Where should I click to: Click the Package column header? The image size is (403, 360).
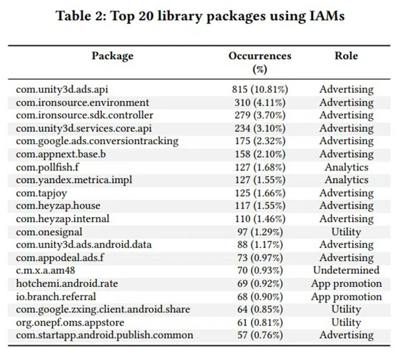pyautogui.click(x=113, y=56)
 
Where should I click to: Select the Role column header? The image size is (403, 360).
pyautogui.click(x=346, y=56)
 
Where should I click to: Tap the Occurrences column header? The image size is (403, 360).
pyautogui.click(x=260, y=56)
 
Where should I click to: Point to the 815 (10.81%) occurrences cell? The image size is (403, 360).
pyautogui.click(x=260, y=90)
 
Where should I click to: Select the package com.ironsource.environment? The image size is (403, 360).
pyautogui.click(x=82, y=102)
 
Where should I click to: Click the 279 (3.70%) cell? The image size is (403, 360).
pyautogui.click(x=260, y=115)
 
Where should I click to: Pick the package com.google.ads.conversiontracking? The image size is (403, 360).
pyautogui.click(x=97, y=141)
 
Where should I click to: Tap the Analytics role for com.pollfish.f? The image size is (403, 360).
pyautogui.click(x=346, y=167)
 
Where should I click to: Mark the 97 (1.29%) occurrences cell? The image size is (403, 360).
pyautogui.click(x=260, y=232)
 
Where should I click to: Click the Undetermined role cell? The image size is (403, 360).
pyautogui.click(x=346, y=270)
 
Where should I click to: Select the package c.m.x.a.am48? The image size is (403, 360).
pyautogui.click(x=46, y=270)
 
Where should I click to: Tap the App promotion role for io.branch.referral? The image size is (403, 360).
pyautogui.click(x=346, y=296)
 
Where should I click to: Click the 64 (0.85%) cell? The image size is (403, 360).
pyautogui.click(x=260, y=309)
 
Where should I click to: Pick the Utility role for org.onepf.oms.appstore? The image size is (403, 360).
pyautogui.click(x=346, y=322)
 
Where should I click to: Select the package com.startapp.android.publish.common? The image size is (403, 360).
pyautogui.click(x=104, y=335)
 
